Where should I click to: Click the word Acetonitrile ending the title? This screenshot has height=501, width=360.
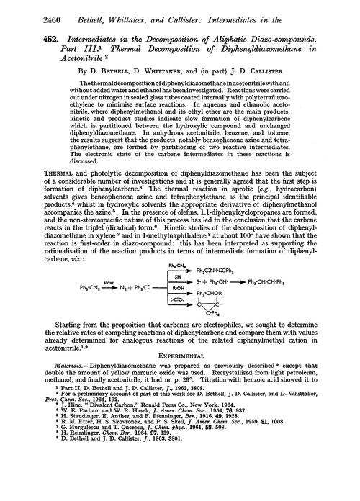pyautogui.click(x=59, y=60)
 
